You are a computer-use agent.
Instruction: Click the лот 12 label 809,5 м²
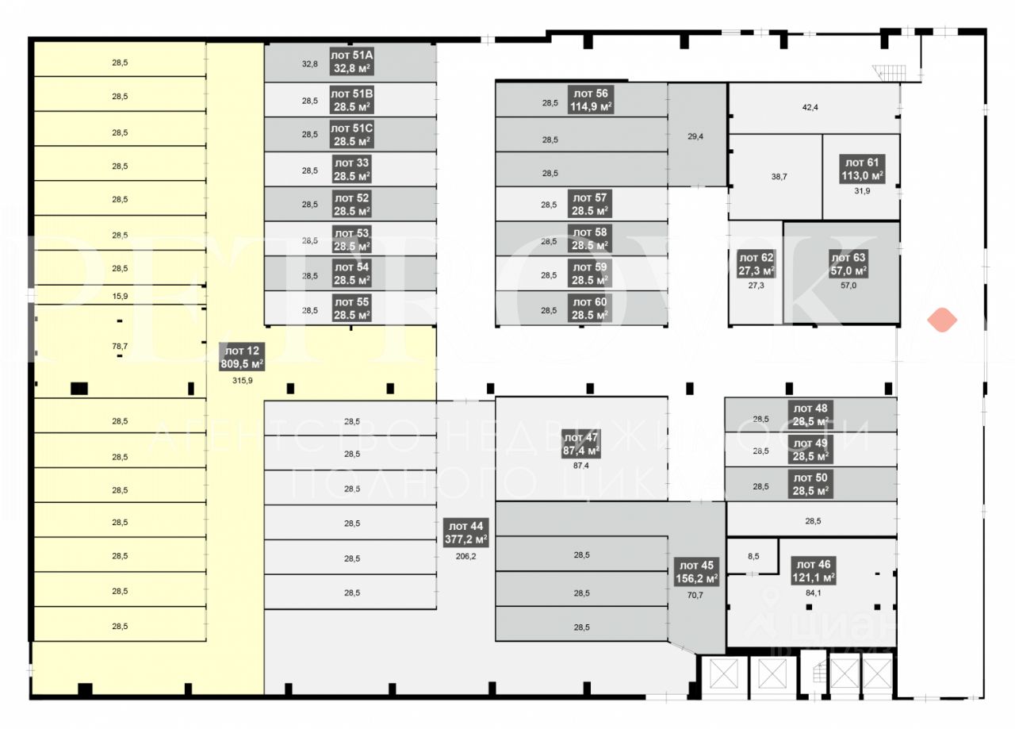pyautogui.click(x=242, y=357)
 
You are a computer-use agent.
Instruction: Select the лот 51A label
pyautogui.click(x=351, y=62)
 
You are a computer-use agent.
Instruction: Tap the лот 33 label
pyautogui.click(x=351, y=169)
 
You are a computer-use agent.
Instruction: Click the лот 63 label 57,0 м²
pyautogui.click(x=848, y=263)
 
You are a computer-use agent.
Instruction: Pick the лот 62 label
pyautogui.click(x=756, y=263)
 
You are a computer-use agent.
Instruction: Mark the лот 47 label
pyautogui.click(x=580, y=443)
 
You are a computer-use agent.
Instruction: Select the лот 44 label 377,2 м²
pyautogui.click(x=465, y=532)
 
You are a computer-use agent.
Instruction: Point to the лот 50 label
pyautogui.click(x=810, y=484)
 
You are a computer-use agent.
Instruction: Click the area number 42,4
pyautogui.click(x=815, y=107)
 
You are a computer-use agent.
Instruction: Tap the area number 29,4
pyautogui.click(x=695, y=136)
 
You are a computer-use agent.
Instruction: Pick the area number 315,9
pyautogui.click(x=242, y=381)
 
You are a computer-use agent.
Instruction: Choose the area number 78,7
pyautogui.click(x=120, y=346)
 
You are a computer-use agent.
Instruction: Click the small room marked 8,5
pyautogui.click(x=753, y=556)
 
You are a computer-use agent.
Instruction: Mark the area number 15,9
pyautogui.click(x=120, y=297)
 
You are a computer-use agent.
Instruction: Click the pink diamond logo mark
pyautogui.click(x=942, y=319)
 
